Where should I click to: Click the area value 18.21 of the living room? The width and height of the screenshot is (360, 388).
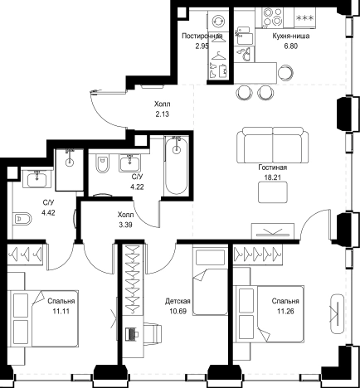pyautogui.click(x=272, y=177)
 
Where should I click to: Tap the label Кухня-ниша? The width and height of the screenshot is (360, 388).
pyautogui.click(x=290, y=36)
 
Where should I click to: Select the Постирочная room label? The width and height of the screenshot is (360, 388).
pyautogui.click(x=202, y=36)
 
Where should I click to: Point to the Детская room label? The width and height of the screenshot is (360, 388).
pyautogui.click(x=178, y=301)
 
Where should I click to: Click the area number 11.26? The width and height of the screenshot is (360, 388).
pyautogui.click(x=285, y=312)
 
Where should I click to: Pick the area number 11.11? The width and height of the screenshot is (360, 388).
pyautogui.click(x=61, y=312)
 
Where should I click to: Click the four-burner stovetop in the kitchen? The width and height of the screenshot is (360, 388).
pyautogui.click(x=272, y=17)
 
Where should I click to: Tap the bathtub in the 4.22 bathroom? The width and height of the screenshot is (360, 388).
pyautogui.click(x=176, y=165)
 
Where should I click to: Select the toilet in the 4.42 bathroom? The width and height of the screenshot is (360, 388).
pyautogui.click(x=22, y=220)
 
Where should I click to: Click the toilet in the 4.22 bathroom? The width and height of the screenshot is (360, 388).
pyautogui.click(x=102, y=163)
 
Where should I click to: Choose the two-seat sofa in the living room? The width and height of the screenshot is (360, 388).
pyautogui.click(x=272, y=145)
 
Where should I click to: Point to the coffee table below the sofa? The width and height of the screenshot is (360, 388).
pyautogui.click(x=273, y=192)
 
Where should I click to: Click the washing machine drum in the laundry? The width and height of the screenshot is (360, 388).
pyautogui.click(x=218, y=21)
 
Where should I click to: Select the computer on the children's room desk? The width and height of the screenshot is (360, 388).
pyautogui.click(x=132, y=334)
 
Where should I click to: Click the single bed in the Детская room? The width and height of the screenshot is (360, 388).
pyautogui.click(x=210, y=281)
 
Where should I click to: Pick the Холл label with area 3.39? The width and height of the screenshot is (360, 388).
pyautogui.click(x=125, y=215)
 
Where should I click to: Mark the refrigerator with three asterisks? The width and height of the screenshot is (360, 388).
pyautogui.click(x=304, y=17)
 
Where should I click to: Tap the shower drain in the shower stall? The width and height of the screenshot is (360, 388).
pyautogui.click(x=70, y=162)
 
